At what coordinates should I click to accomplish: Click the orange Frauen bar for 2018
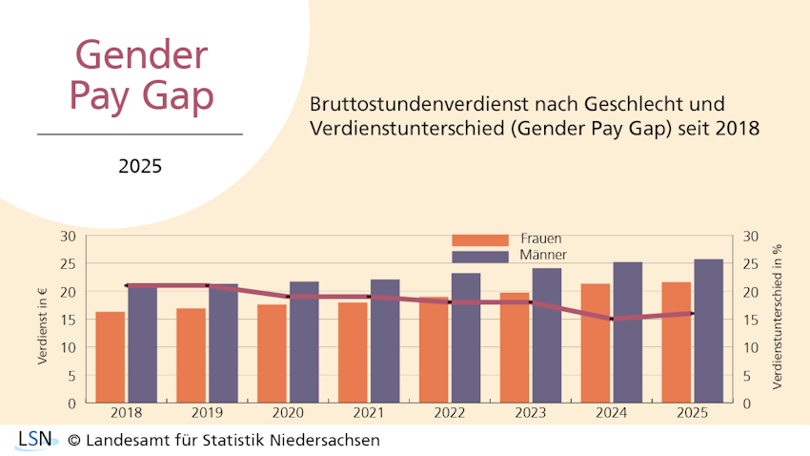[x=111, y=357]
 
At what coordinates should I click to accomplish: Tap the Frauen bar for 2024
[x=596, y=343]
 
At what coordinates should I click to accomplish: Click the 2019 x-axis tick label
[x=207, y=413]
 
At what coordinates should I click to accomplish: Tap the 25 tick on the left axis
[x=69, y=263]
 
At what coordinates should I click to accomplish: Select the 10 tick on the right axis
[x=750, y=347]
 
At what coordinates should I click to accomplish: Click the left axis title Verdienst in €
[x=43, y=320]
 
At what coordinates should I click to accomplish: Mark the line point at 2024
[x=612, y=319]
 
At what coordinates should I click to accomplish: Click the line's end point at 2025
[x=693, y=313]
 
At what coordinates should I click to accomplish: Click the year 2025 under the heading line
[x=140, y=166]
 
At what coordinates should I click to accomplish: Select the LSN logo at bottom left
[x=33, y=440]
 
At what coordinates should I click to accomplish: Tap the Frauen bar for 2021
[x=354, y=352]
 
